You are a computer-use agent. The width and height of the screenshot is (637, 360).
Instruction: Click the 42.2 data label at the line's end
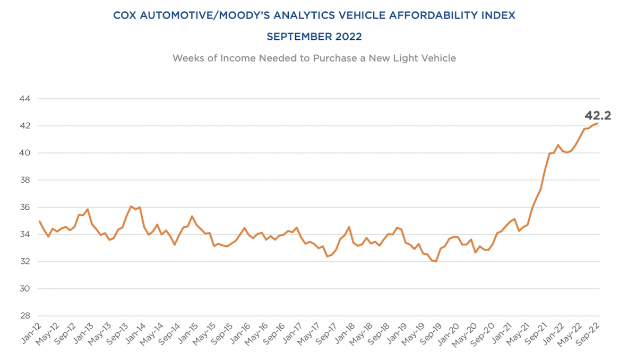point(598,115)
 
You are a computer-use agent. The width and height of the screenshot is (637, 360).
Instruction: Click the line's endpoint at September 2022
point(598,123)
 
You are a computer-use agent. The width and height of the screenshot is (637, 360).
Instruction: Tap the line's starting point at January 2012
point(40,221)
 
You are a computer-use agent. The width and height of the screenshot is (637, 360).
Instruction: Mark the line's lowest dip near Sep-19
point(436,261)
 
